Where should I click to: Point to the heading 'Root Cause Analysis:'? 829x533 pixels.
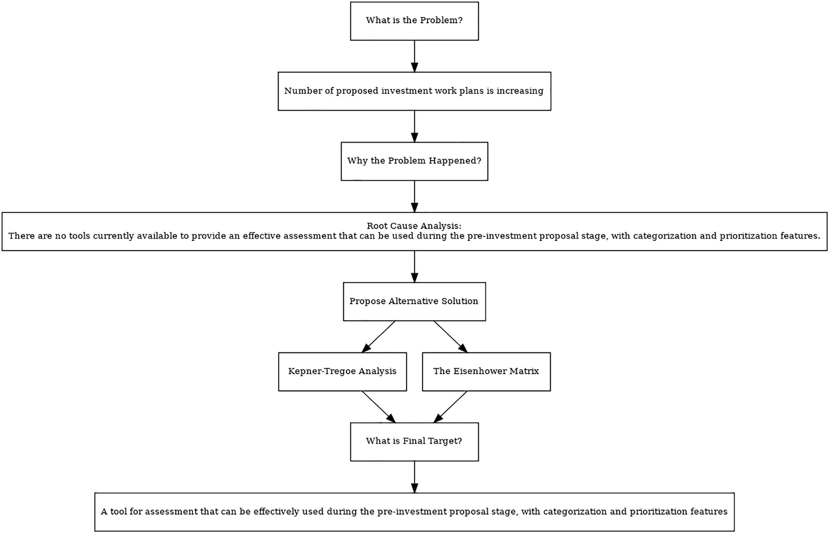414,226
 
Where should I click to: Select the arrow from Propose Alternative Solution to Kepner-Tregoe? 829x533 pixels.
378,337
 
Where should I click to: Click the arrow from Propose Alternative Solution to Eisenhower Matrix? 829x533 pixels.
451,337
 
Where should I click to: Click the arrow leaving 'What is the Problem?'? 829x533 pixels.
414,56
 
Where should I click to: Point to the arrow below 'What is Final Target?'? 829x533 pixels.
414,477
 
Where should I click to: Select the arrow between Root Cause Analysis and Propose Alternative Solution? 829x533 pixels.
414,266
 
